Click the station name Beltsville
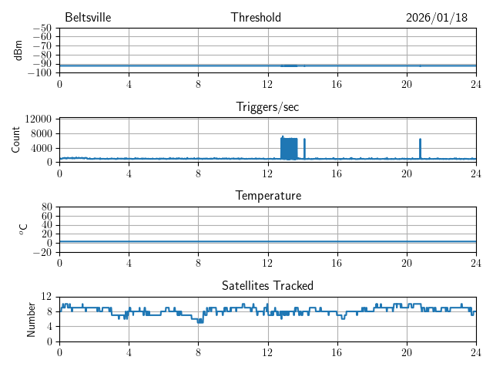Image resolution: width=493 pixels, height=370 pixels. (89, 18)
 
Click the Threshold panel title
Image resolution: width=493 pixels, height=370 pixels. (256, 18)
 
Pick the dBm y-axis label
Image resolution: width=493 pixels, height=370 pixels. (18, 50)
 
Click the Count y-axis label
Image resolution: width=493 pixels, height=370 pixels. (17, 140)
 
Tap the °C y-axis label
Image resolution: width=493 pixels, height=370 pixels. (23, 229)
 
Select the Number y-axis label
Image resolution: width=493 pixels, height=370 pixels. (32, 318)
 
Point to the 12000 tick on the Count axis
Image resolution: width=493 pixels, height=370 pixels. (38, 119)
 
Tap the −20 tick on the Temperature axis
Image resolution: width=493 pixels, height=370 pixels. (42, 252)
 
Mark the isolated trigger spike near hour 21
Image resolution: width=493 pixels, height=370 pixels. (420, 149)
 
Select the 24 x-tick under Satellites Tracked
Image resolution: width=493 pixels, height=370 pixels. (475, 351)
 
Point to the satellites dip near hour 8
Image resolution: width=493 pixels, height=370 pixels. (200, 321)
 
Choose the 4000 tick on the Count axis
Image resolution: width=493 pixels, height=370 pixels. (41, 147)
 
